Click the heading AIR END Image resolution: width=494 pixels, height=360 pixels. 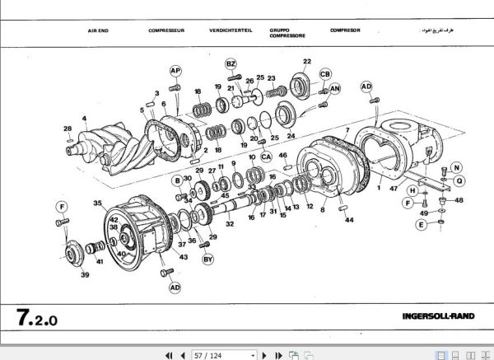click(99, 30)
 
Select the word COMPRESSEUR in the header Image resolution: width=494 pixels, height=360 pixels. click(165, 30)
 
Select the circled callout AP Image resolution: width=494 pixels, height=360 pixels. click(175, 71)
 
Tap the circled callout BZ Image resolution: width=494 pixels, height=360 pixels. click(231, 63)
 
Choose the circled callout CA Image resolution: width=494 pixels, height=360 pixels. click(266, 155)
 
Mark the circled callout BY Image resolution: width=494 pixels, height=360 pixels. click(208, 259)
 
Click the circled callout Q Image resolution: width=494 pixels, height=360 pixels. click(459, 180)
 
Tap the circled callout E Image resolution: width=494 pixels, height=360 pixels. click(421, 224)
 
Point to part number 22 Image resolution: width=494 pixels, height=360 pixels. click(306, 62)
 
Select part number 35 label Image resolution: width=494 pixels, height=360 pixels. click(97, 203)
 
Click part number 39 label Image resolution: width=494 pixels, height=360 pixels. click(84, 276)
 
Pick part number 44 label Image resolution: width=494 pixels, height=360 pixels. click(349, 220)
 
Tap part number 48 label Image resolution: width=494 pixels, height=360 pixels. click(459, 200)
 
